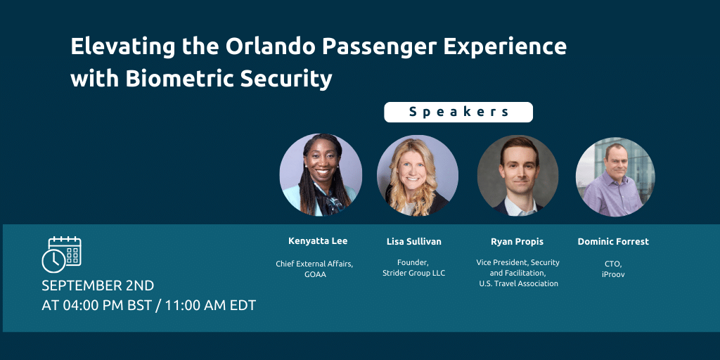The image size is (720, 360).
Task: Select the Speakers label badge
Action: [x=458, y=112]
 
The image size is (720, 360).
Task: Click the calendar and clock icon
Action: [x=61, y=255]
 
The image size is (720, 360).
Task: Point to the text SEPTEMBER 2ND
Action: [x=98, y=285]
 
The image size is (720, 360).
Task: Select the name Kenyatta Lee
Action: [x=318, y=241]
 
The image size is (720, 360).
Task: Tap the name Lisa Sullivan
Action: [x=414, y=242]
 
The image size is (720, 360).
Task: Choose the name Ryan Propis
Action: [x=517, y=242]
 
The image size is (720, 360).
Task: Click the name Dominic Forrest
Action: [x=613, y=242]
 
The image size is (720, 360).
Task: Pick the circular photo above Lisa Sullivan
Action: [x=418, y=175]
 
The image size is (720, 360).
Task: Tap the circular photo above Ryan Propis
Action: [x=517, y=175]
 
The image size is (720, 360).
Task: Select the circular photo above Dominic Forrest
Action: [x=615, y=176]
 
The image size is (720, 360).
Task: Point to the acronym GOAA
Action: [x=318, y=274]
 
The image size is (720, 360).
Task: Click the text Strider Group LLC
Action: [x=413, y=273]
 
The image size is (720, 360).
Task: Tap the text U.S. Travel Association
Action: [x=517, y=283]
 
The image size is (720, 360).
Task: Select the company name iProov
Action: [x=612, y=274]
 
